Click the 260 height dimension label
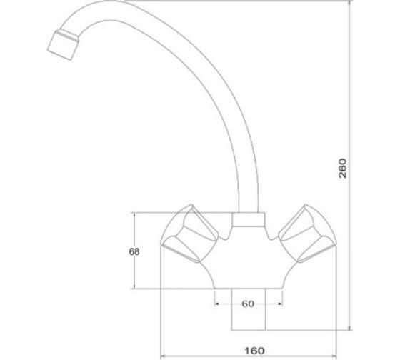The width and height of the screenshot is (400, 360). point(343,168)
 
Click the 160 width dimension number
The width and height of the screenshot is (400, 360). point(254,351)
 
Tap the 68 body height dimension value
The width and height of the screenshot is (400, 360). point(134,252)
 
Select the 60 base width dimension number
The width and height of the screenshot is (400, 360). point(248,304)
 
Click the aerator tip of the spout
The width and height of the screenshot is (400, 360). point(63,46)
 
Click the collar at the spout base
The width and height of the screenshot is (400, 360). point(249,219)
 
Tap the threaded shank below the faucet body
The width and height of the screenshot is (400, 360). point(249,310)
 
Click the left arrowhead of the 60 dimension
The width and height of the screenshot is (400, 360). point(216,304)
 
